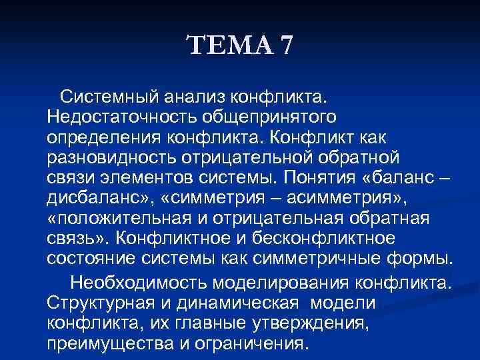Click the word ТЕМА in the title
[x=229, y=47]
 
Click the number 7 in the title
[x=285, y=47]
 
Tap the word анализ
[x=194, y=98]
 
